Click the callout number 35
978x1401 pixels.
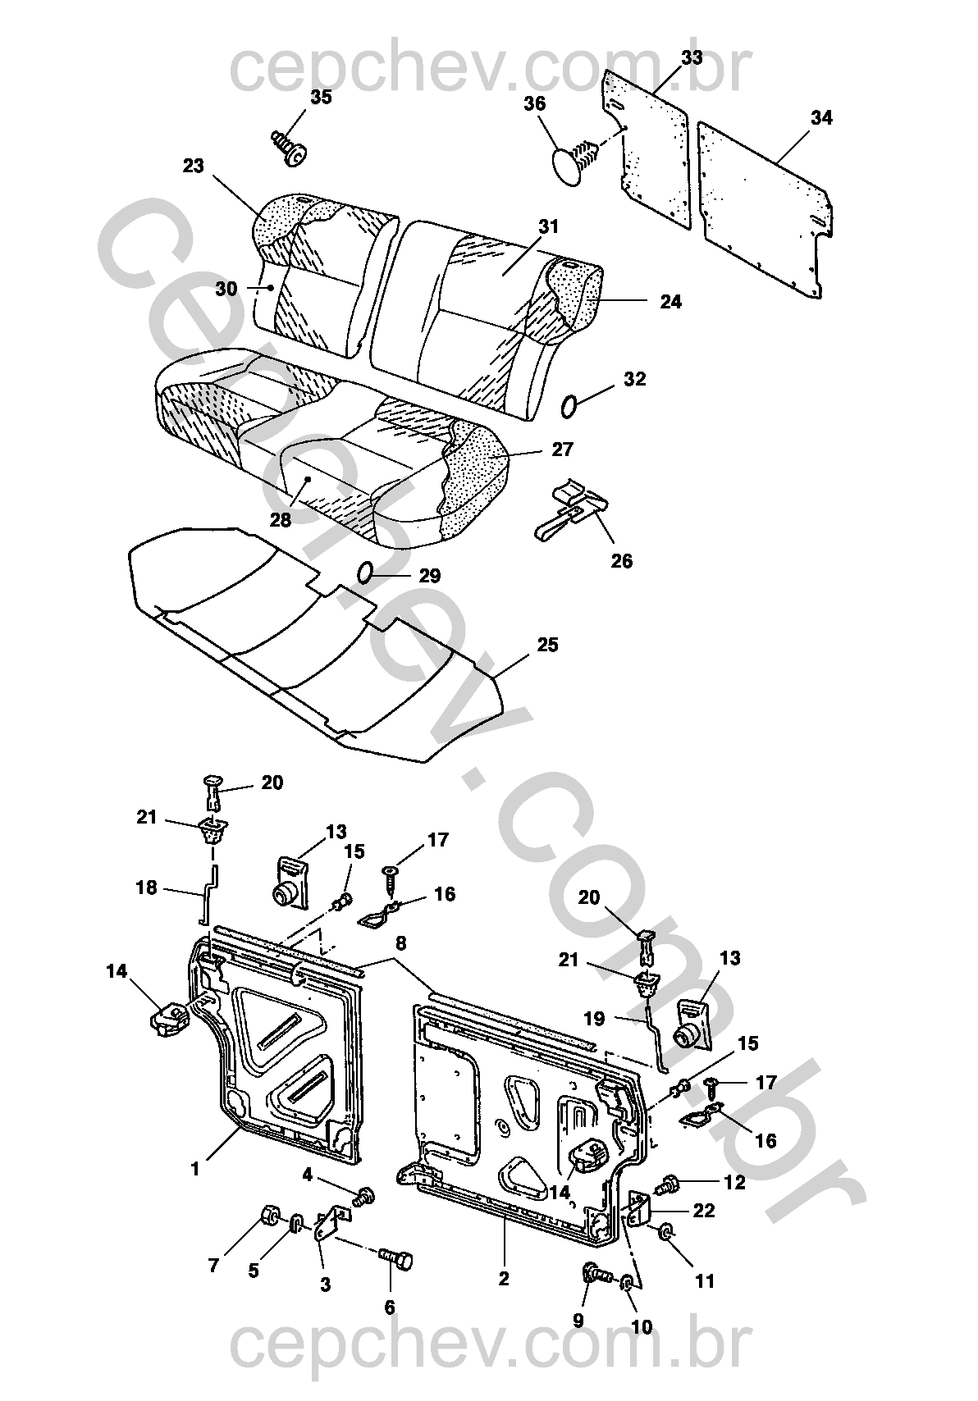[321, 97]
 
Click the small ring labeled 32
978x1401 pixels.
[571, 404]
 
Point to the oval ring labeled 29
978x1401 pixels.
[367, 572]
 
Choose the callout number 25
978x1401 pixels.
[547, 645]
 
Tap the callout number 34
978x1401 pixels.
[821, 118]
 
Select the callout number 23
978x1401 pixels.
[193, 167]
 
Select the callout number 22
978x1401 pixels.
[704, 1210]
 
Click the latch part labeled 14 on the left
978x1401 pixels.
[169, 1017]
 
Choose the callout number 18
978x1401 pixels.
[146, 888]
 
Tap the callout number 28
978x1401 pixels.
[281, 520]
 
